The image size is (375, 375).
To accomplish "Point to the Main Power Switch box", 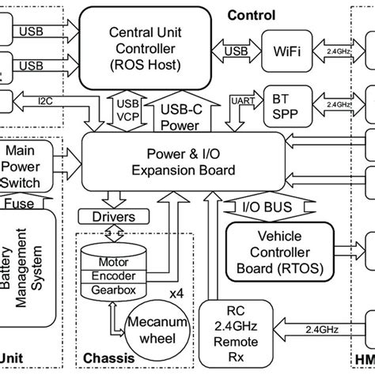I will coord(28,166).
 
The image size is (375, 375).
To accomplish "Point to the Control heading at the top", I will coord(252,15).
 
